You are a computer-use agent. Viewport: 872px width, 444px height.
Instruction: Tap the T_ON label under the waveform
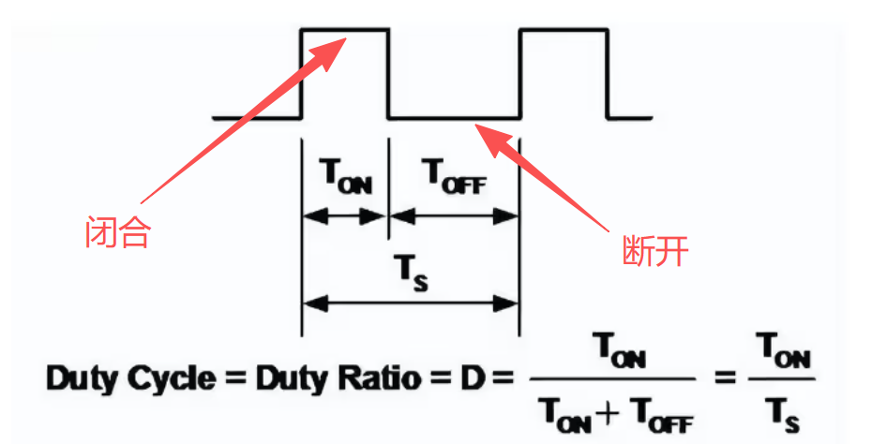click(x=345, y=177)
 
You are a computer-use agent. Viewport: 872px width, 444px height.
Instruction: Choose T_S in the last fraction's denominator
click(x=781, y=409)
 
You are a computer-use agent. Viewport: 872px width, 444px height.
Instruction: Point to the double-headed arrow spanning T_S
click(x=410, y=303)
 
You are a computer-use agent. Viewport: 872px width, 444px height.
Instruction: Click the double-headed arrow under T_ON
click(x=344, y=215)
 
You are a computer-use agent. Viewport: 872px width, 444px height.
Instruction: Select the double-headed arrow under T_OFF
click(x=454, y=215)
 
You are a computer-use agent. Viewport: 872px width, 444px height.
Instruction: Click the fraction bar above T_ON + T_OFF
click(x=613, y=379)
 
